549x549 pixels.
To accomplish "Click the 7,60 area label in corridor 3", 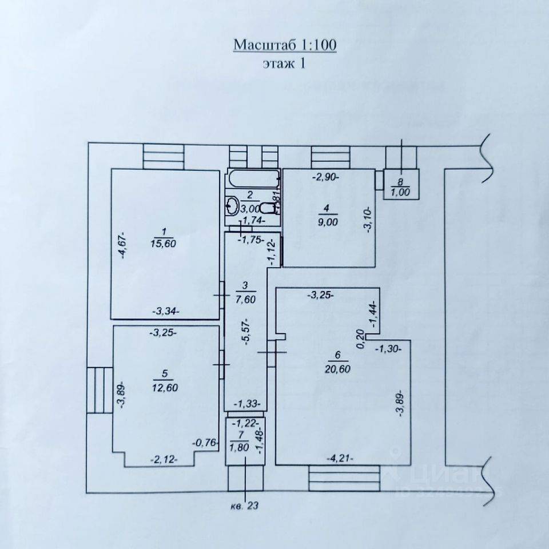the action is click(244, 297).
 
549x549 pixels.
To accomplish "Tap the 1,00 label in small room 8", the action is click(401, 192).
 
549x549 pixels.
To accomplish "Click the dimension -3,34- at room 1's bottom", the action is click(166, 311).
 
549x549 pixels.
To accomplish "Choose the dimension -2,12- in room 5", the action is click(163, 459).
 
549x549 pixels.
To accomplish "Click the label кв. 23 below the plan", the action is click(245, 506).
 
